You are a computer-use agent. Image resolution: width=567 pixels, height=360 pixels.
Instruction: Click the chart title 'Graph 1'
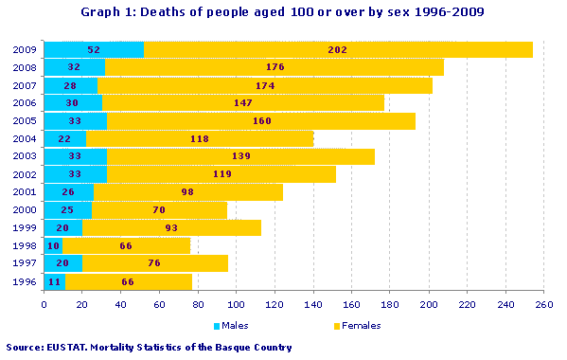point(283,11)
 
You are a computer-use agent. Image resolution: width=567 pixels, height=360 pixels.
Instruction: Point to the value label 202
point(338,49)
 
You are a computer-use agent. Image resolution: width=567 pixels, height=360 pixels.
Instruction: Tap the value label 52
point(94,49)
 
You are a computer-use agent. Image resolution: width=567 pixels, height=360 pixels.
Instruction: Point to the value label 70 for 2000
point(158,209)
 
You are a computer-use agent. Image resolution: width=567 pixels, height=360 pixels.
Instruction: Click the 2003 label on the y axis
point(25,156)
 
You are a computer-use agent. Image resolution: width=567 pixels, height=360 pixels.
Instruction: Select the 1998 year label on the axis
point(25,245)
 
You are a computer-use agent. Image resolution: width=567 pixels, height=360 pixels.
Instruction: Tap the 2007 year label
point(25,85)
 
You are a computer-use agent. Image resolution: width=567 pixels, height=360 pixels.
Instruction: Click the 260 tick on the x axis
point(543,304)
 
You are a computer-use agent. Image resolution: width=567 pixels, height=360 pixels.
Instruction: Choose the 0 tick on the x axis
point(44,304)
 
